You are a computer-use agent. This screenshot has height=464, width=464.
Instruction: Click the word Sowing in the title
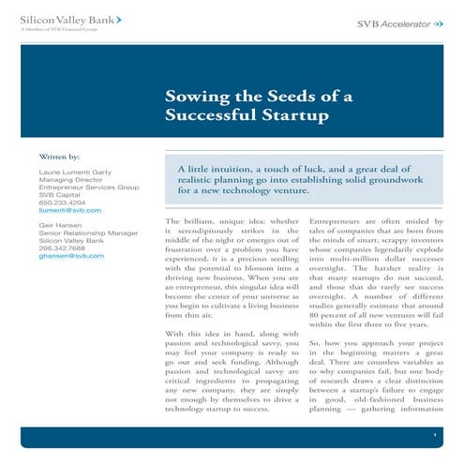pos(194,97)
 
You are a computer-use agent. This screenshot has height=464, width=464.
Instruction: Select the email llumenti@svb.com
pos(67,211)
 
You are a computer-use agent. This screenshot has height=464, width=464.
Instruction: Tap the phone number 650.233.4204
pos(59,202)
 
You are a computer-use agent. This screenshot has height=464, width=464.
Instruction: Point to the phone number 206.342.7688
pos(59,247)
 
